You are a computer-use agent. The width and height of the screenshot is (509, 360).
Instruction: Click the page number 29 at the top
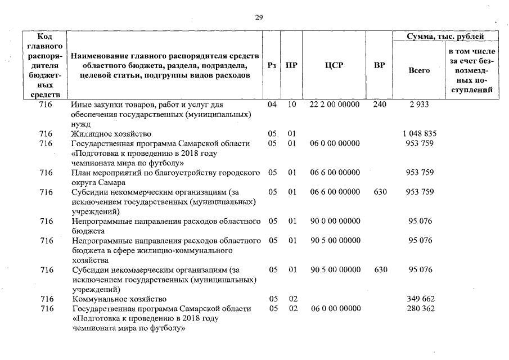pyautogui.click(x=259, y=18)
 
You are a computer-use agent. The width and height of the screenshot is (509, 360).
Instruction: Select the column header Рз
pyautogui.click(x=272, y=65)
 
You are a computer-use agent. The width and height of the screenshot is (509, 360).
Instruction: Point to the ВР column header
pyautogui.click(x=380, y=65)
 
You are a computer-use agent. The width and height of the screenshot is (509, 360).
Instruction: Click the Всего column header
pyautogui.click(x=419, y=70)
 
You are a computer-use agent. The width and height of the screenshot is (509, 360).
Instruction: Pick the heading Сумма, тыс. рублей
pyautogui.click(x=445, y=37)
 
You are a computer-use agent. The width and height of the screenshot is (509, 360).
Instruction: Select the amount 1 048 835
pyautogui.click(x=420, y=134)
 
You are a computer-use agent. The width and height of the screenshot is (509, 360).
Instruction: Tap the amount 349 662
pyautogui.click(x=420, y=299)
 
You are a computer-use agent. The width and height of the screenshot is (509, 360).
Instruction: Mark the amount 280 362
pyautogui.click(x=420, y=309)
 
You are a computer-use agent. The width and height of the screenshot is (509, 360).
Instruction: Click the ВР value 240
pyautogui.click(x=380, y=105)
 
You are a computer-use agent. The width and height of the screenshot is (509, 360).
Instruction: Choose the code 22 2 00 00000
pyautogui.click(x=335, y=105)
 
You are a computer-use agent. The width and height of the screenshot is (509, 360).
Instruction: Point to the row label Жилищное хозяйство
pyautogui.click(x=111, y=134)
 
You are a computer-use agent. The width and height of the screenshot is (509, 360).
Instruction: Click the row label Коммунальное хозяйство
pyautogui.click(x=119, y=299)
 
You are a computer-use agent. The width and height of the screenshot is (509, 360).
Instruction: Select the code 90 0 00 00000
pyautogui.click(x=335, y=221)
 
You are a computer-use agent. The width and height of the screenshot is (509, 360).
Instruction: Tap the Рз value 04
pyautogui.click(x=272, y=105)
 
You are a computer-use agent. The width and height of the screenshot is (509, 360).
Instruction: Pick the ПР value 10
pyautogui.click(x=291, y=105)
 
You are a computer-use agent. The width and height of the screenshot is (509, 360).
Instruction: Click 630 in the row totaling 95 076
pyautogui.click(x=380, y=270)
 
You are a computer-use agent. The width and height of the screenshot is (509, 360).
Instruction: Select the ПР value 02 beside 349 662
pyautogui.click(x=291, y=299)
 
